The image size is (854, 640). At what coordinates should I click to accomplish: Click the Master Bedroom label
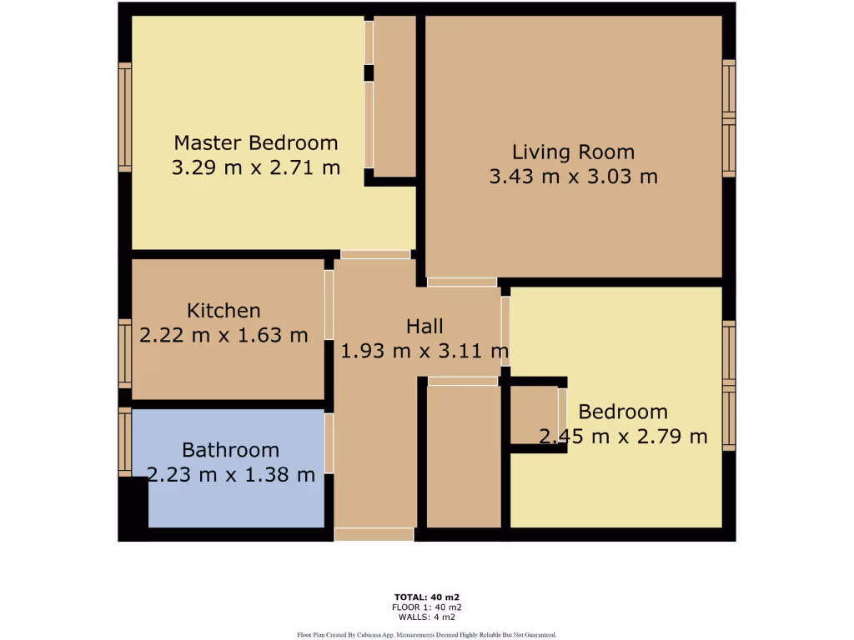point(255,142)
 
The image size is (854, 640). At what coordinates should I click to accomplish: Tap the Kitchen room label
point(224,311)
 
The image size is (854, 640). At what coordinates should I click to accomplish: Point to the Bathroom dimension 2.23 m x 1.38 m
point(231,475)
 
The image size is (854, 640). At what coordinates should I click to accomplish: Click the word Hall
point(424,326)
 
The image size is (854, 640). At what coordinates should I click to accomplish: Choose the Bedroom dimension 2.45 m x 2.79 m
point(623,436)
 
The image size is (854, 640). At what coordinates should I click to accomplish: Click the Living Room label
point(573,152)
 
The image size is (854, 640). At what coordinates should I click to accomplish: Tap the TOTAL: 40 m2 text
point(426,597)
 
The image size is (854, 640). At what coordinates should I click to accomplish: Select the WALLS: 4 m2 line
point(426,617)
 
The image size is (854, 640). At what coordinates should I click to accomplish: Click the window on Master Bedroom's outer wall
point(125,117)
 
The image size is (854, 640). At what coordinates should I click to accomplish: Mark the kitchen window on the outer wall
point(125,353)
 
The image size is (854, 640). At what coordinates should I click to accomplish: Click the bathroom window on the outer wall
point(125,442)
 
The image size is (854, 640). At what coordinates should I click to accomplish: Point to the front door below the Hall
point(374,534)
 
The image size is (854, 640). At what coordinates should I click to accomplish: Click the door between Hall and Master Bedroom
point(375,254)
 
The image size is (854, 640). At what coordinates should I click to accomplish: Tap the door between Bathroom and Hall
point(329,442)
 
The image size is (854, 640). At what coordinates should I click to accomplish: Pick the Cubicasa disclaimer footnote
point(426,634)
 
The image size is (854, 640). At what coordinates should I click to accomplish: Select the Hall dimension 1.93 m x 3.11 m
point(424,351)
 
